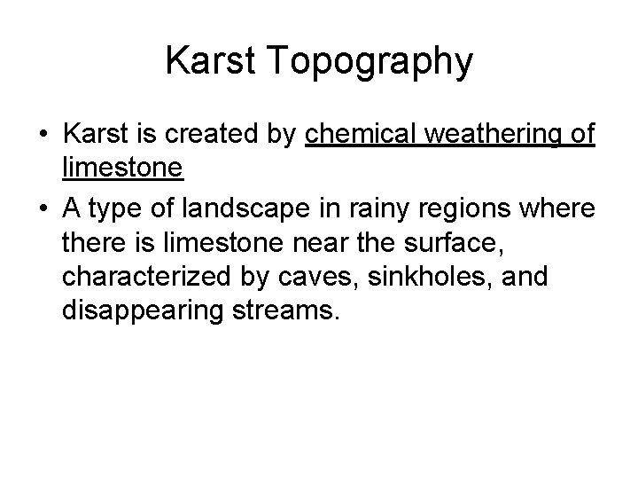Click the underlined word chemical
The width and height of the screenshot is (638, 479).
[361, 135]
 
